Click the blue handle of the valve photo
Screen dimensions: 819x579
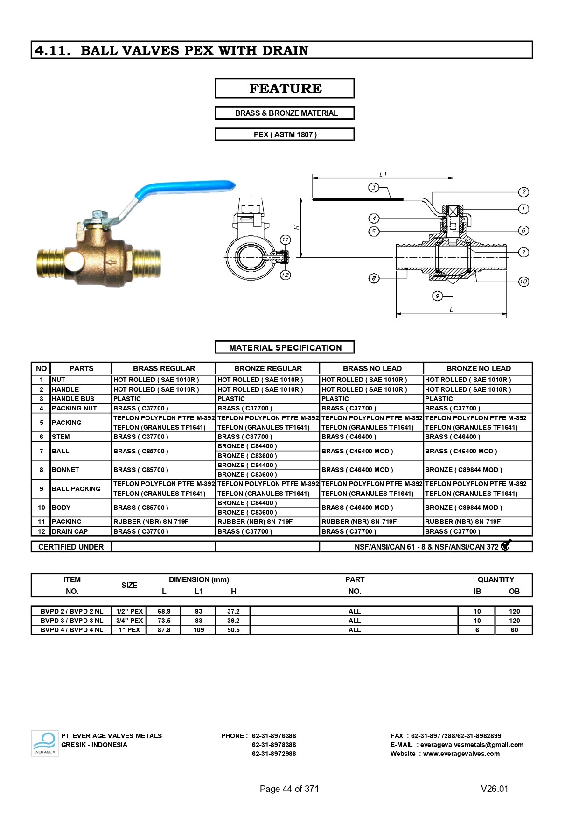(x=187, y=190)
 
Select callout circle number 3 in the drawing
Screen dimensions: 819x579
(x=373, y=188)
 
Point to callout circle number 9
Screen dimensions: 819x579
(x=437, y=296)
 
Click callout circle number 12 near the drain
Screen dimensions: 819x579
(x=285, y=275)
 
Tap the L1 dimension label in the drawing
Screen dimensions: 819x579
(x=383, y=174)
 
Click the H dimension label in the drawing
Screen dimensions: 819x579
(x=296, y=227)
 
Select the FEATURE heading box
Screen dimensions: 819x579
(x=285, y=88)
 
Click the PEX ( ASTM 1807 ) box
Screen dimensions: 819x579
(x=285, y=134)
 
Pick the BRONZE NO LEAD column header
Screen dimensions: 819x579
(x=478, y=368)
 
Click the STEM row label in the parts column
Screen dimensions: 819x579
(x=61, y=437)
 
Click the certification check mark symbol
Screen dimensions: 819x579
(x=506, y=545)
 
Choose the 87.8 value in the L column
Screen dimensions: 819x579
(x=164, y=630)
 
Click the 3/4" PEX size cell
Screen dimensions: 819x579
(x=129, y=621)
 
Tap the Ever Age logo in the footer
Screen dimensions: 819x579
(x=44, y=743)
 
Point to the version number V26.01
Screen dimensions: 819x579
(x=494, y=789)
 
